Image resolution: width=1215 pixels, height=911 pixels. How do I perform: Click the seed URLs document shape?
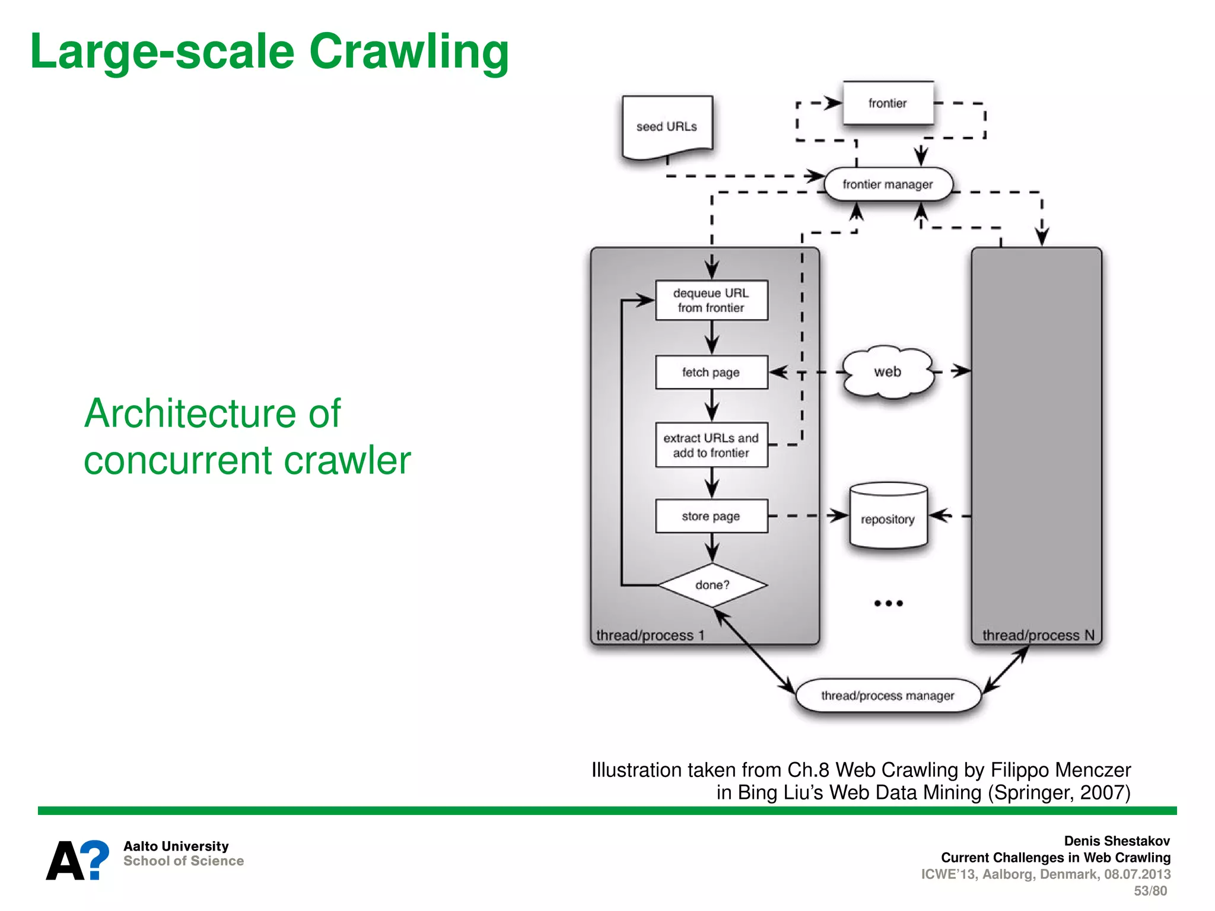coord(667,126)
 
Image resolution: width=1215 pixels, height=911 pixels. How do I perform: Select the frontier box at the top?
coord(888,103)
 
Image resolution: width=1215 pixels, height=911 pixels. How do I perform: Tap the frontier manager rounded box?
coord(888,184)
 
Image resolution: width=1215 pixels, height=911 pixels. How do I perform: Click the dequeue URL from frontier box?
coord(711,300)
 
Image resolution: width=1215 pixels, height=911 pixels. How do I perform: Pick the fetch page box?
coord(711,372)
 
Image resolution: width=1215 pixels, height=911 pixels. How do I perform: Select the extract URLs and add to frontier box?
coord(711,445)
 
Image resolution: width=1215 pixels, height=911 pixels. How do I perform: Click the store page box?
coord(711,516)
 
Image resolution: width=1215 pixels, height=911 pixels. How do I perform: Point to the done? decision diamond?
coord(712,585)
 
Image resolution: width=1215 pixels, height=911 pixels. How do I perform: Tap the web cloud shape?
coord(888,372)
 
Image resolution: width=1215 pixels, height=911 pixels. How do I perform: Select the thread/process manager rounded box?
coord(888,695)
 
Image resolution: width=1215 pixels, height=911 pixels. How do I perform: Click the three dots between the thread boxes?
coord(888,603)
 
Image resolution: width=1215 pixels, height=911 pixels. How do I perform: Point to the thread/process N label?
coord(1038,635)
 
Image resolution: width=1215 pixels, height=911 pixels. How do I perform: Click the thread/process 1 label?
coord(650,635)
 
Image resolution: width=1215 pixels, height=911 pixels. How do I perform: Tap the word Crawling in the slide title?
coord(409,52)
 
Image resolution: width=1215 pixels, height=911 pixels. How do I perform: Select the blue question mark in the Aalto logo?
coord(94,859)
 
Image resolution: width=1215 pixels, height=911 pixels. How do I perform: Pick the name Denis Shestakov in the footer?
coord(1117,841)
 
